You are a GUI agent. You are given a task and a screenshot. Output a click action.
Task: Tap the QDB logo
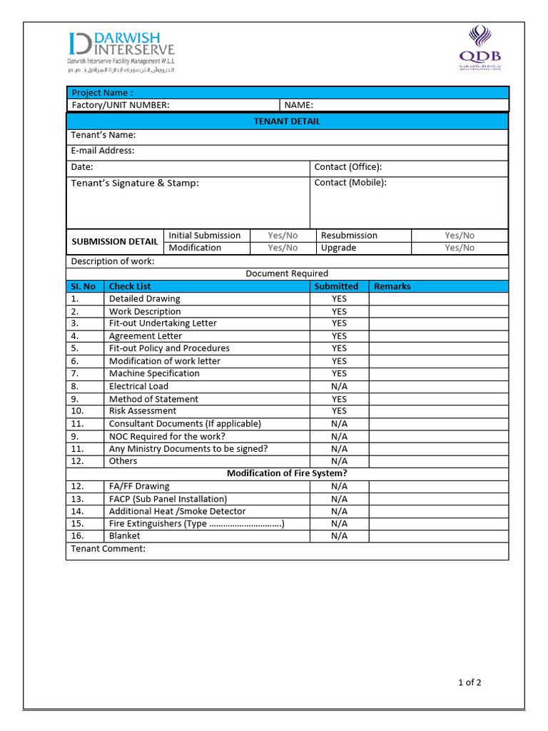click(x=479, y=48)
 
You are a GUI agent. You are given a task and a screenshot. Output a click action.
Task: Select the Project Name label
click(x=102, y=93)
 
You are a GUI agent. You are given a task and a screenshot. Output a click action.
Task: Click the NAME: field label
click(x=299, y=105)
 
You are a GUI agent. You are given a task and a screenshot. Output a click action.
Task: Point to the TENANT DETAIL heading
click(x=287, y=121)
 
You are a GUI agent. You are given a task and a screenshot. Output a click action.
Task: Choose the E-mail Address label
click(x=103, y=151)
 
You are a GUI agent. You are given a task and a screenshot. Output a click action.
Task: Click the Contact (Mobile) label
click(x=350, y=183)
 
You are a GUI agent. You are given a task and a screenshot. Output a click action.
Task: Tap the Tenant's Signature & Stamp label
click(x=135, y=183)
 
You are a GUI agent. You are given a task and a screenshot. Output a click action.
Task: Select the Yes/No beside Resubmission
click(x=459, y=236)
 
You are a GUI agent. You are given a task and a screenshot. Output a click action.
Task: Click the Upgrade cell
click(x=338, y=248)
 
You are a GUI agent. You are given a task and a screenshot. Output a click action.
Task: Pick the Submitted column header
click(x=336, y=286)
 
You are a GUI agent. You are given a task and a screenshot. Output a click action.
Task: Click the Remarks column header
click(x=392, y=286)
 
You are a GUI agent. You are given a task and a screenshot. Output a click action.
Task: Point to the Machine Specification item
click(x=154, y=373)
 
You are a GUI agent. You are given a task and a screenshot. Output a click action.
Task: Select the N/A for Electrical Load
click(x=339, y=386)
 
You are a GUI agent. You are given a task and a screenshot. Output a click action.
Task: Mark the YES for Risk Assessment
click(x=339, y=411)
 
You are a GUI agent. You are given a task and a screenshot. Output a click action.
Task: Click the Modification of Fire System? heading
click(x=287, y=473)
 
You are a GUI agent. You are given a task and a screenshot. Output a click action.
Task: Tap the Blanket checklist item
click(x=125, y=535)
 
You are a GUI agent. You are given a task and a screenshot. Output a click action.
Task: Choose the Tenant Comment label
click(x=108, y=548)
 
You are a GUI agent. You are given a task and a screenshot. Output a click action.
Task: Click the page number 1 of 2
click(x=470, y=682)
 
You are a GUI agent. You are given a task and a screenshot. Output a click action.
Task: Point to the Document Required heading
click(x=287, y=273)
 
